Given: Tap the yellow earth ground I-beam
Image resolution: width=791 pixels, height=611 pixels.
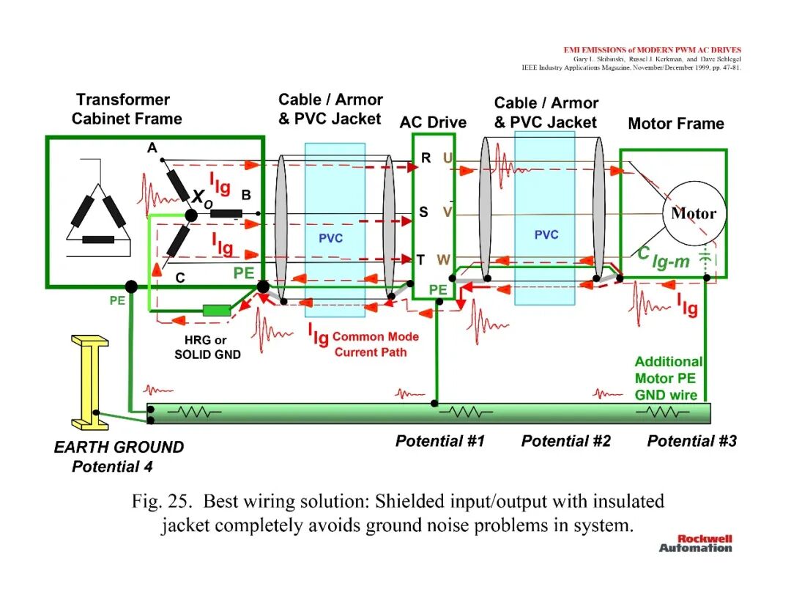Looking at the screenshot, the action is pyautogui.click(x=90, y=382).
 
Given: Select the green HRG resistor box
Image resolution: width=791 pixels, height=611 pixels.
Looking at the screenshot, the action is pyautogui.click(x=217, y=311).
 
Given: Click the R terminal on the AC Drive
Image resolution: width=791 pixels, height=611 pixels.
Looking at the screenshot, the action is pyautogui.click(x=426, y=158).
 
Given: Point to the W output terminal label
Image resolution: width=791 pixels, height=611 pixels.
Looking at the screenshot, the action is pyautogui.click(x=443, y=260).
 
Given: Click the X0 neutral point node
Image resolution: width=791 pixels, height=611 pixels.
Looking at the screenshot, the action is pyautogui.click(x=191, y=215).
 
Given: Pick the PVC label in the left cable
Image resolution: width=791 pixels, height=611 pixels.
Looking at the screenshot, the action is pyautogui.click(x=330, y=238).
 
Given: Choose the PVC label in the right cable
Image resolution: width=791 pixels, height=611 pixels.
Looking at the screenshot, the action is pyautogui.click(x=546, y=234).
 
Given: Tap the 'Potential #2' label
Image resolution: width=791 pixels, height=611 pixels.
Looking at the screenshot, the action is pyautogui.click(x=565, y=441).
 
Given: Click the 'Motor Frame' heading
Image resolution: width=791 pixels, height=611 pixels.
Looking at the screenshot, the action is pyautogui.click(x=676, y=124).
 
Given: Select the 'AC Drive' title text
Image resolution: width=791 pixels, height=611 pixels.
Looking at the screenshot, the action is pyautogui.click(x=433, y=122).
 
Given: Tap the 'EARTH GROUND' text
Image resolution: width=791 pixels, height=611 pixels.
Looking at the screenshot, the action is pyautogui.click(x=119, y=447).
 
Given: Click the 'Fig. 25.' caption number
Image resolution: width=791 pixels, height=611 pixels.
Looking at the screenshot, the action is pyautogui.click(x=162, y=502).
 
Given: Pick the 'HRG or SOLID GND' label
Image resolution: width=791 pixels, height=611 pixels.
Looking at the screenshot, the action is pyautogui.click(x=207, y=347).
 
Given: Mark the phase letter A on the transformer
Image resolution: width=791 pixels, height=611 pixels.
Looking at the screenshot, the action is pyautogui.click(x=152, y=148).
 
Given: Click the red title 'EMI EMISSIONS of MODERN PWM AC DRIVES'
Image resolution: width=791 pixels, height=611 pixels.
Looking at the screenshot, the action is pyautogui.click(x=653, y=50).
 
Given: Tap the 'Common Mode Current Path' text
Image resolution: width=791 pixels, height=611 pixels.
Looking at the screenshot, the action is pyautogui.click(x=375, y=344).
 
